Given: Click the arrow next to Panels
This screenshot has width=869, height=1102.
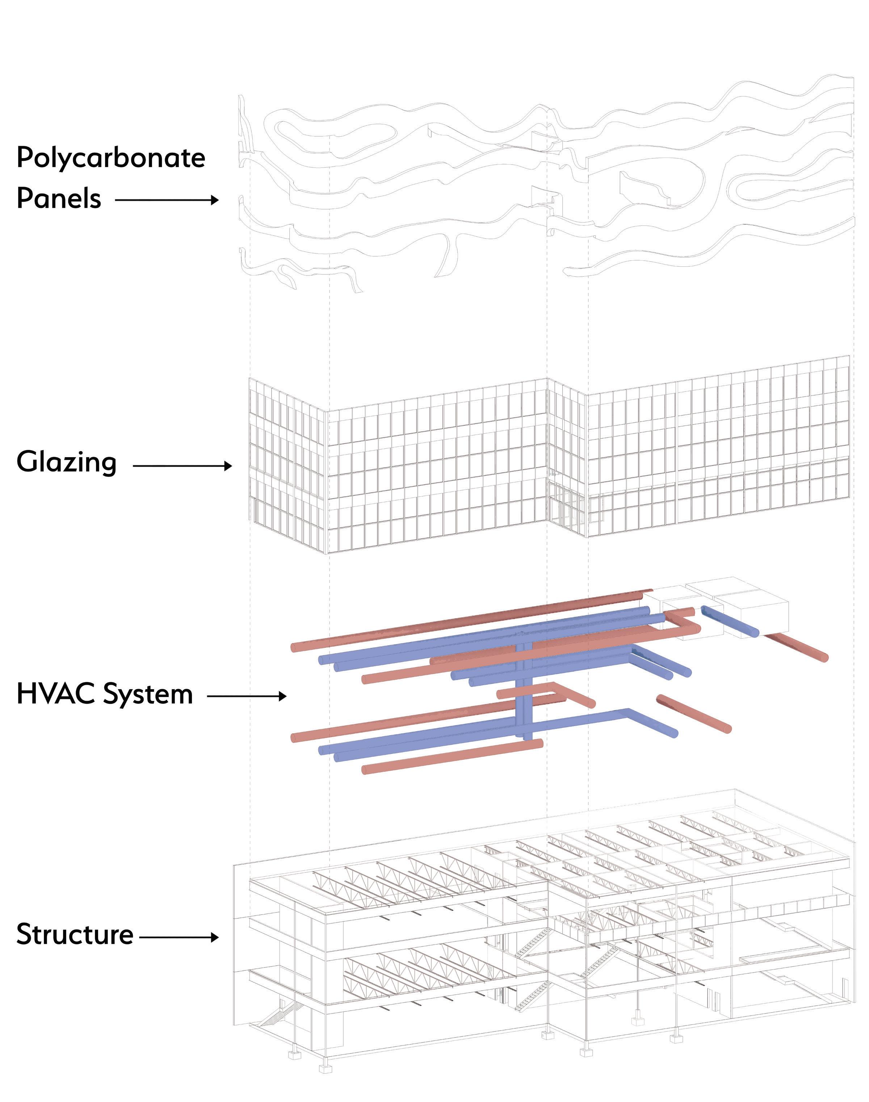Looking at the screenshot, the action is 167,200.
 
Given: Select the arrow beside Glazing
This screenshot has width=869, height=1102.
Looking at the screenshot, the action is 182,465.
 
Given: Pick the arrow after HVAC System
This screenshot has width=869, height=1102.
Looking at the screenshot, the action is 247,696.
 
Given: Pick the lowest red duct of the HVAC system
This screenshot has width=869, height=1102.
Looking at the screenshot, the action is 452,756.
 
